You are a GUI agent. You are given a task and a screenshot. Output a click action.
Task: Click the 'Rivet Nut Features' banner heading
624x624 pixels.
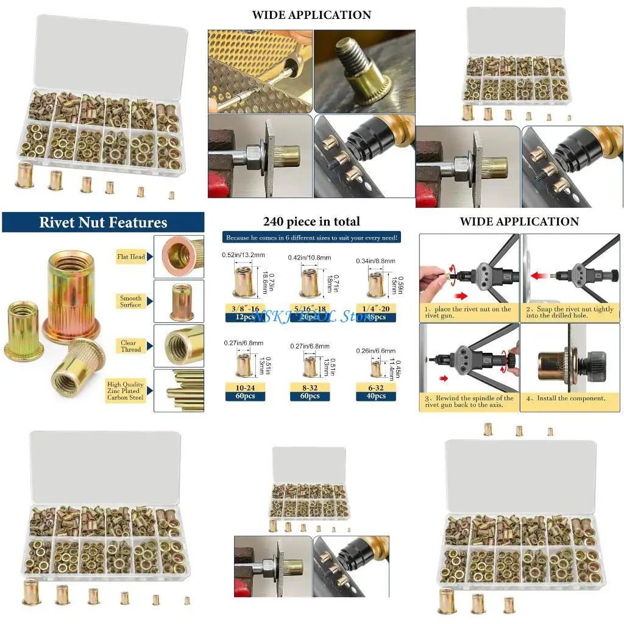point(103,222)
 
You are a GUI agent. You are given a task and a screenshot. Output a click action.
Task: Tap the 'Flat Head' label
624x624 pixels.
point(131,257)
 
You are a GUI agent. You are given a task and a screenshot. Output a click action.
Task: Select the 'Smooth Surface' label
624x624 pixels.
point(130,302)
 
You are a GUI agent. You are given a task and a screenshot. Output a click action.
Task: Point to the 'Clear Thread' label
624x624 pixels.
point(130,346)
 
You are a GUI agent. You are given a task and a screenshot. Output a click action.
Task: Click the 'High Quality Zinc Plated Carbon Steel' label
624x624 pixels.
point(126,391)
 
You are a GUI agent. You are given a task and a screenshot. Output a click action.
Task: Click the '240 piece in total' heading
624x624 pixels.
point(311,222)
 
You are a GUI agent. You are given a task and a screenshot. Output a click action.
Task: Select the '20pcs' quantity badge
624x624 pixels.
point(310,317)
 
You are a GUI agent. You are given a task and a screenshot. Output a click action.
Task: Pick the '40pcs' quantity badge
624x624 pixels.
point(375,396)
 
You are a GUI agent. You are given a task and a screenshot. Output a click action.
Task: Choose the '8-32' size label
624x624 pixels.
point(310,387)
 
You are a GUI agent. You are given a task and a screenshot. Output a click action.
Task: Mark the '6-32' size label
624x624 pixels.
point(375,387)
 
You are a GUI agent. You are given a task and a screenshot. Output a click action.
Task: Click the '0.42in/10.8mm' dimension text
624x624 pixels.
point(310,258)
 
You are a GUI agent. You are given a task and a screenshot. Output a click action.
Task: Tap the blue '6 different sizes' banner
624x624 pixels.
point(311,238)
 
